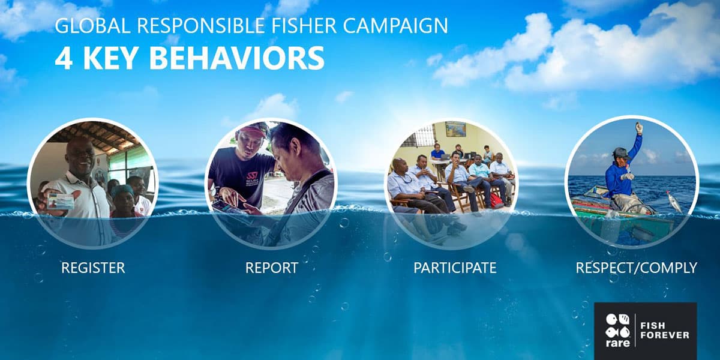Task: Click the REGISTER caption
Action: (x=93, y=268)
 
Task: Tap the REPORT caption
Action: (x=271, y=268)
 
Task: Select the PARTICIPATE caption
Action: (x=455, y=268)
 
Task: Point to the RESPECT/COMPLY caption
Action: (x=636, y=268)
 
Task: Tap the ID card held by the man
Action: (x=60, y=201)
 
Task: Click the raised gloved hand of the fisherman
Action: (x=639, y=128)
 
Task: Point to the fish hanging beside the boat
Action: (x=675, y=202)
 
